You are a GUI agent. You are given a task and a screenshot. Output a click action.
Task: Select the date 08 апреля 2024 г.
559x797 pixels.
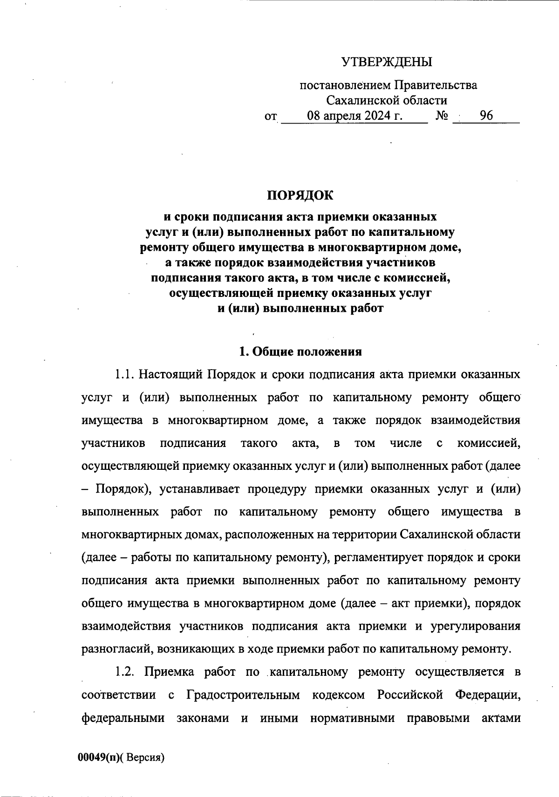pyautogui.click(x=354, y=116)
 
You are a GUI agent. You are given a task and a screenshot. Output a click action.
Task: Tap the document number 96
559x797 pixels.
pyautogui.click(x=486, y=116)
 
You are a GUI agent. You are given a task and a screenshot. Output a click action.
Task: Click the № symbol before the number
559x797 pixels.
pyautogui.click(x=442, y=116)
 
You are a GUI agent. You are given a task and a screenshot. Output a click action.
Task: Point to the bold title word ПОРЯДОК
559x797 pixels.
pyautogui.click(x=300, y=195)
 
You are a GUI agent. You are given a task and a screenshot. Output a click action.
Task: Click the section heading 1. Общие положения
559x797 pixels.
pyautogui.click(x=300, y=351)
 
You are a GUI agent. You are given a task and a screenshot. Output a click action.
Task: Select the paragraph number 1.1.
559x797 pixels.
pyautogui.click(x=124, y=375)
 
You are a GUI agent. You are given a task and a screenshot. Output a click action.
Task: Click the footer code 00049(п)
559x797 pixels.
pyautogui.click(x=98, y=757)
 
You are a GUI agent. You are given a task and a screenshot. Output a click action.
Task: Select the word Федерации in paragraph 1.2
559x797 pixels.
pyautogui.click(x=487, y=695)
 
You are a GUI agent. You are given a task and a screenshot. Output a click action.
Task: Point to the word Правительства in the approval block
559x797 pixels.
pyautogui.click(x=436, y=85)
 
